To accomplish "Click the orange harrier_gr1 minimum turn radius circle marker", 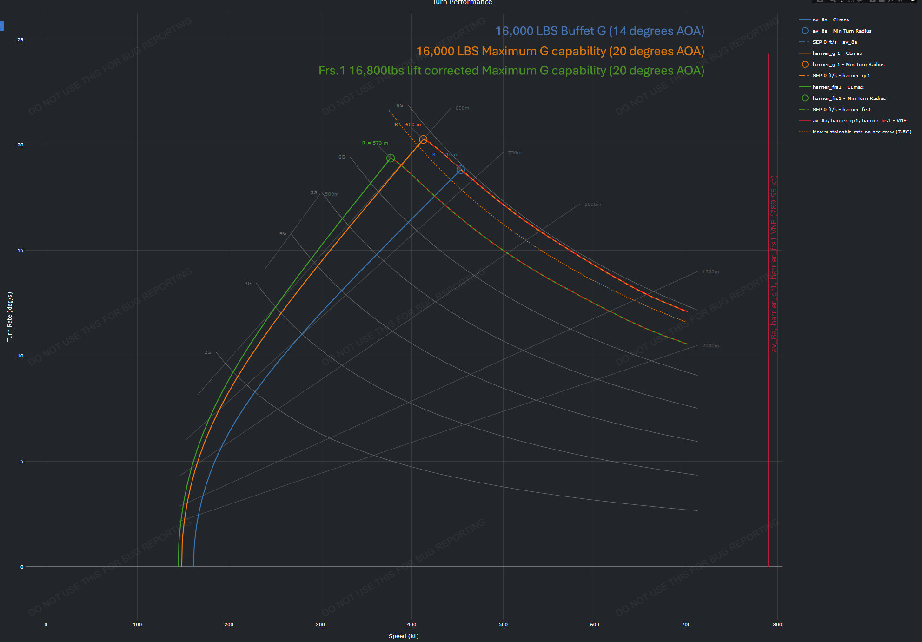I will click(x=423, y=139).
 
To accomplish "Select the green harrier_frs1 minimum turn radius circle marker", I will click(x=391, y=159).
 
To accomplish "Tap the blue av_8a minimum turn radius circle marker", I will click(x=460, y=170).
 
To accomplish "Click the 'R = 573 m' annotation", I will click(x=375, y=143).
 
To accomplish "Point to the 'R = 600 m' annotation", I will click(x=408, y=125).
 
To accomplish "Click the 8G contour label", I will click(x=400, y=106).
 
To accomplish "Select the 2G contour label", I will click(x=208, y=352).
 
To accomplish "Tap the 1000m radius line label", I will click(x=593, y=205).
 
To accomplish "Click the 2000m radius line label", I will click(x=710, y=346).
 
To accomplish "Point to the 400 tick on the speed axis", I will click(x=411, y=624).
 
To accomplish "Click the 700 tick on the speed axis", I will click(x=686, y=624).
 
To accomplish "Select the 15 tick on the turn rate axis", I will click(x=20, y=251).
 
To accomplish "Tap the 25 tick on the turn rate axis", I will click(x=20, y=40).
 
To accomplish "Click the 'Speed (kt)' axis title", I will click(x=404, y=636).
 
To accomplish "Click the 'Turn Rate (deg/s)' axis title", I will click(x=10, y=317).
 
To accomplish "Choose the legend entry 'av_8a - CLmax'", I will click(x=831, y=20).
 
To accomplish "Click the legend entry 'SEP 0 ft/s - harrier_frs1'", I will click(x=842, y=110).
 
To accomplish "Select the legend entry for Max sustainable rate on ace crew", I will click(x=862, y=132).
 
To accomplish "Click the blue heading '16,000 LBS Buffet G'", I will click(x=599, y=31).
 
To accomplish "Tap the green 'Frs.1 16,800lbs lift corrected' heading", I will click(x=511, y=71).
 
